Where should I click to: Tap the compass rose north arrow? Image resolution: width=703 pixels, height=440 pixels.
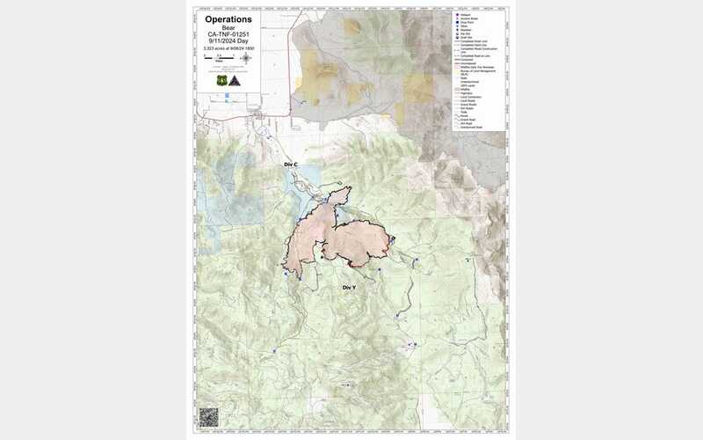coord(246,59)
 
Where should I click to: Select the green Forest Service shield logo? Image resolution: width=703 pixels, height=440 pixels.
coord(221,80)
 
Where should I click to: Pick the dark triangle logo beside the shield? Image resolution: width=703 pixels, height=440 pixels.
coord(235,80)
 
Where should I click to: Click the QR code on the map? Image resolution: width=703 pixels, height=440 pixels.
coord(208,416)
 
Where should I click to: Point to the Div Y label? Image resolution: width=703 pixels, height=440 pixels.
coord(349,288)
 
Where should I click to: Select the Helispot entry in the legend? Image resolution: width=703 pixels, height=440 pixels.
coord(469,15)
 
